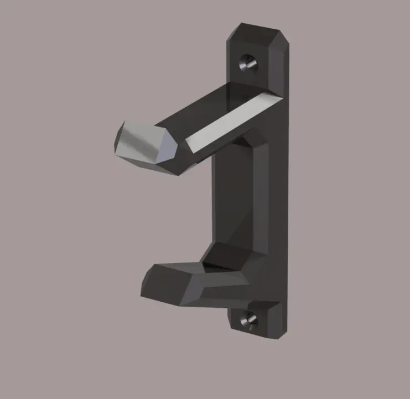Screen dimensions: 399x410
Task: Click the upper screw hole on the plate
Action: click(247, 63)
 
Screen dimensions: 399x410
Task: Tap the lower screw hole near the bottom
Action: click(248, 318)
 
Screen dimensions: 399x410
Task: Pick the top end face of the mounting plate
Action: click(259, 34)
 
